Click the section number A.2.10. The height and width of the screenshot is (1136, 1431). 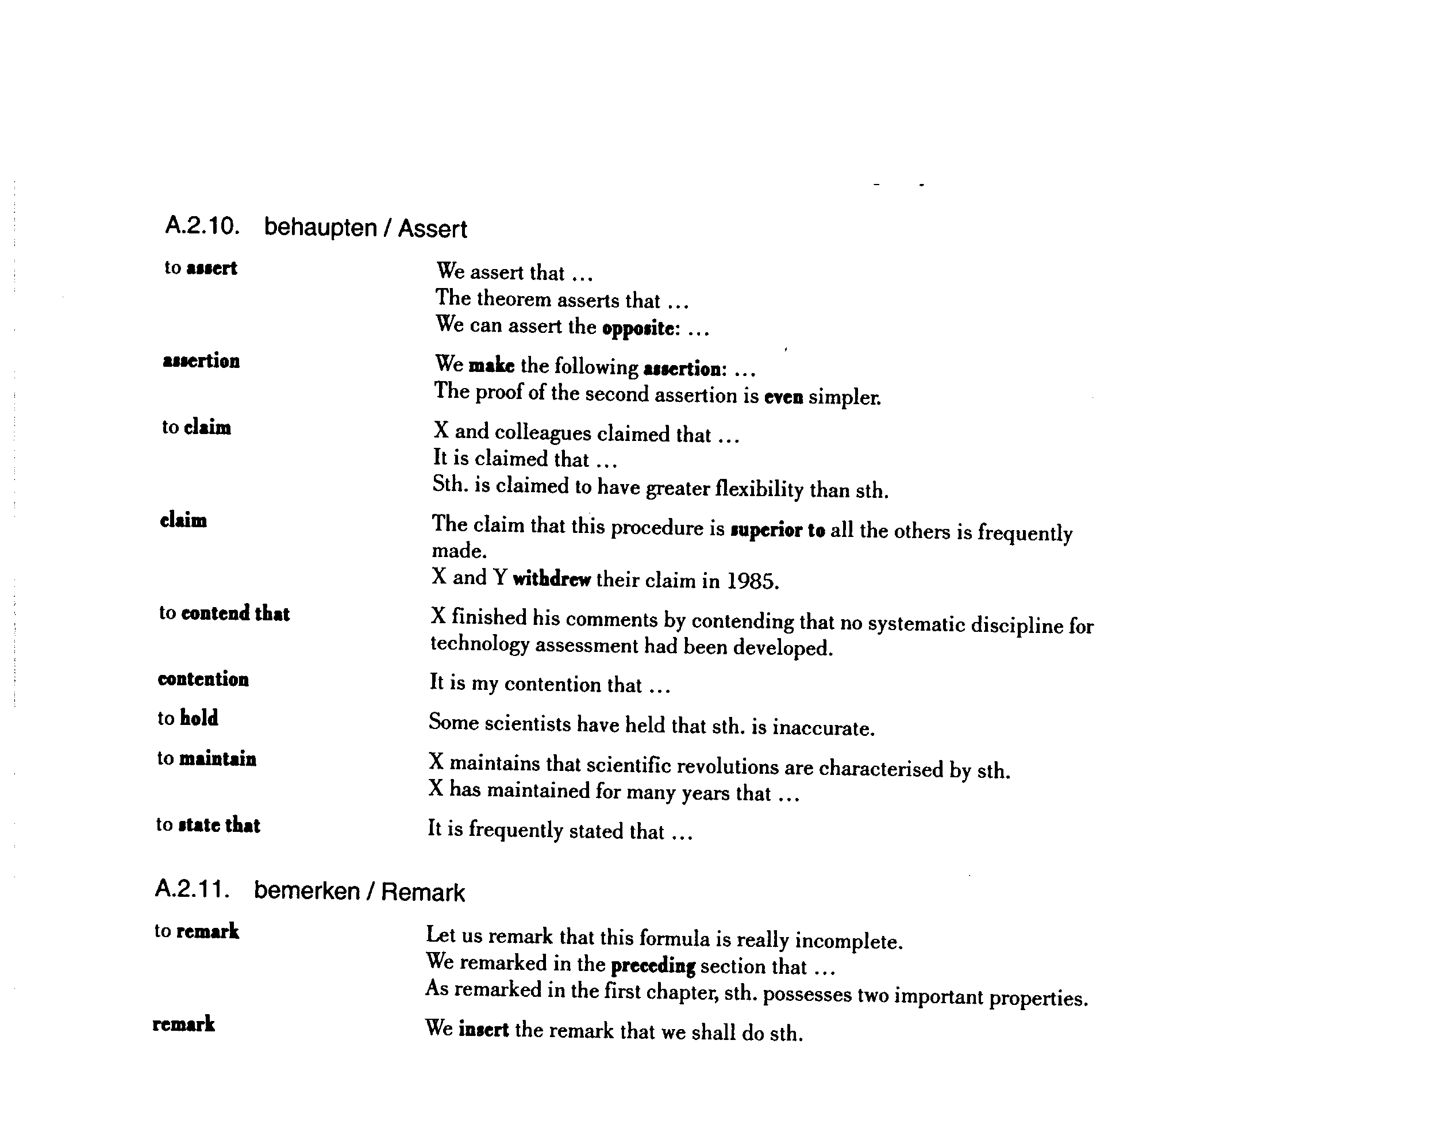(202, 227)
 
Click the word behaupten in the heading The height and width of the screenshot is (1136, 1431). (320, 228)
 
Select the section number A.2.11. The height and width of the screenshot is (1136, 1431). (193, 888)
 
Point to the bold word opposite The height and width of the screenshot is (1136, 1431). (640, 329)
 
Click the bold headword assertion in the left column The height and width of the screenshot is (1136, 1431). (201, 361)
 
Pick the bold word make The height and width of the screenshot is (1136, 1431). (491, 366)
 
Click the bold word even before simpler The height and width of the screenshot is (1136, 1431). (784, 397)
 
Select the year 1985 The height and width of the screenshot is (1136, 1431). (752, 582)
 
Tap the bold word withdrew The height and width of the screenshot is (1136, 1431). (552, 579)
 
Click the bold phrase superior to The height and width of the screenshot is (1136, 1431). (777, 531)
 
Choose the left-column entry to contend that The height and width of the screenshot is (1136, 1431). (224, 613)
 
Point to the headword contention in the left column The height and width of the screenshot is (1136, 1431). (203, 679)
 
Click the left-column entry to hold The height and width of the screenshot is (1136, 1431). (188, 719)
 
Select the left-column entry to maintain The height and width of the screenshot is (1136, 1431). (206, 758)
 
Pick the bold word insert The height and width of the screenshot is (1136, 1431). (483, 1030)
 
